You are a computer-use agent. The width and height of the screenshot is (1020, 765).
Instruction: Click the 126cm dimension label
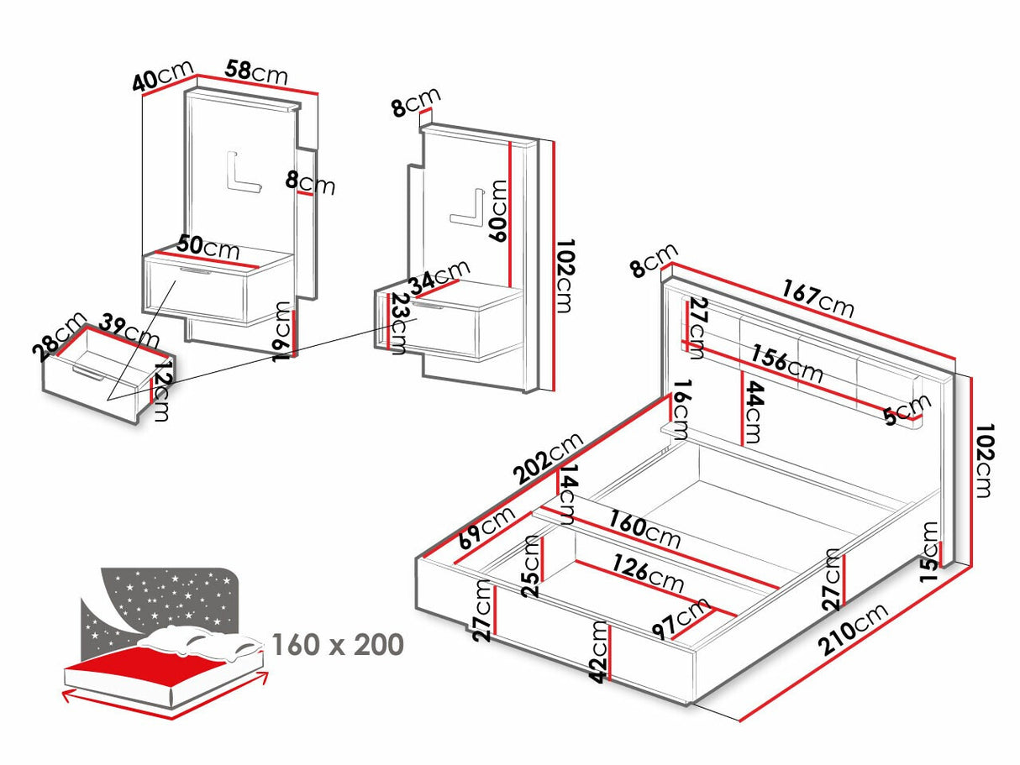[647, 574]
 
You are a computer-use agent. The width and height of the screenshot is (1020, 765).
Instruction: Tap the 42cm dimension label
[598, 652]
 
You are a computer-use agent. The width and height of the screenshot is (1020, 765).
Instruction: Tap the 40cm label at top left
[163, 77]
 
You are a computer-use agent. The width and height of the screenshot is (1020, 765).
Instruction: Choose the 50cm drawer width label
[208, 248]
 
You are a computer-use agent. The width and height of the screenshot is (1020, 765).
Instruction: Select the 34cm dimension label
[439, 278]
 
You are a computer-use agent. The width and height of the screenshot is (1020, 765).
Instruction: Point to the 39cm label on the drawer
[129, 331]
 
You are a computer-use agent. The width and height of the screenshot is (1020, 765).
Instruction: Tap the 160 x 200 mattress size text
[337, 645]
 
